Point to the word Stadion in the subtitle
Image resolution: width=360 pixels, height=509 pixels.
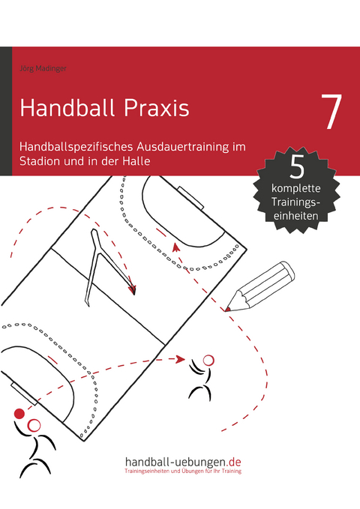(43, 161)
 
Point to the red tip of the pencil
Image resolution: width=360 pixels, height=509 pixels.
(227, 308)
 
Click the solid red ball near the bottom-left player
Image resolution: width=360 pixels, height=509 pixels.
(19, 413)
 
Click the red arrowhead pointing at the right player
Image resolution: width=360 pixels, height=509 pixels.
(180, 360)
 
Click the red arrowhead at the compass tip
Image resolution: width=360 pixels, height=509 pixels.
(132, 289)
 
